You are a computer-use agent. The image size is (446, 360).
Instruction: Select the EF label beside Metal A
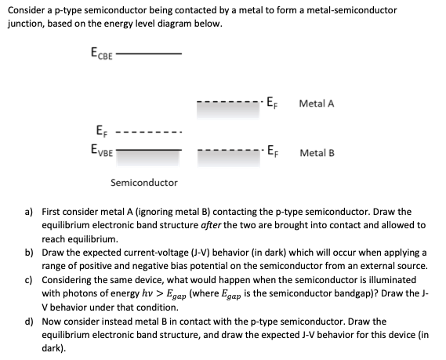point(271,102)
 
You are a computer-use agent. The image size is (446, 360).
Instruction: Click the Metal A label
point(317,102)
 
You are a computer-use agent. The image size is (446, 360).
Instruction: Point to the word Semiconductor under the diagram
point(144,183)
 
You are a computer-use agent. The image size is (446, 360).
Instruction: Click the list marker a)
point(28,212)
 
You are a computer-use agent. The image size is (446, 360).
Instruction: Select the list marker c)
point(28,278)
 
